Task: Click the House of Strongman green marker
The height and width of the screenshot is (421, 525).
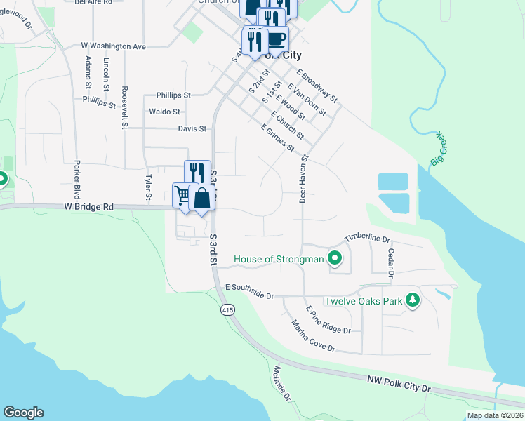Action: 335,259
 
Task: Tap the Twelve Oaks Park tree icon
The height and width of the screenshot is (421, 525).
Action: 413,301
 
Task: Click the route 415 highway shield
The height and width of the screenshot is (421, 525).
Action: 227,309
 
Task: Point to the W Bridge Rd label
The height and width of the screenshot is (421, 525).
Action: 88,208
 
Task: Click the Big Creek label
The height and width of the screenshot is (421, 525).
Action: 437,149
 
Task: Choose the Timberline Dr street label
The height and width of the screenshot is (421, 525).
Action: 366,239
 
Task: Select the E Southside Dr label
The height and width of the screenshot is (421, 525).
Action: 249,291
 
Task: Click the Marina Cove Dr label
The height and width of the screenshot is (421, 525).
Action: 314,336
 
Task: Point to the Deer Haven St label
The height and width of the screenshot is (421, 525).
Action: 304,180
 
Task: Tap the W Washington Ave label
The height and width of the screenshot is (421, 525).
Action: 113,46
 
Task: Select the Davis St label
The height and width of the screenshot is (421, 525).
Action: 192,129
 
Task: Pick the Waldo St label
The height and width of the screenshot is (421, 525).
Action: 165,112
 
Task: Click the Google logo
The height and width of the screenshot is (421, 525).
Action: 23,413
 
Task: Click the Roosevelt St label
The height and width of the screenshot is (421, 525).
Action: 124,107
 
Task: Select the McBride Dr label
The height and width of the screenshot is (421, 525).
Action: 282,383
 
